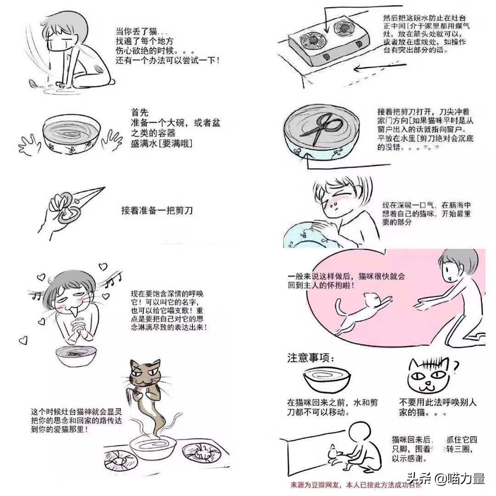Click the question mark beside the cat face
(456, 366)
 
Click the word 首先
(139, 113)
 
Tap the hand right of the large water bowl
(110, 137)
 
